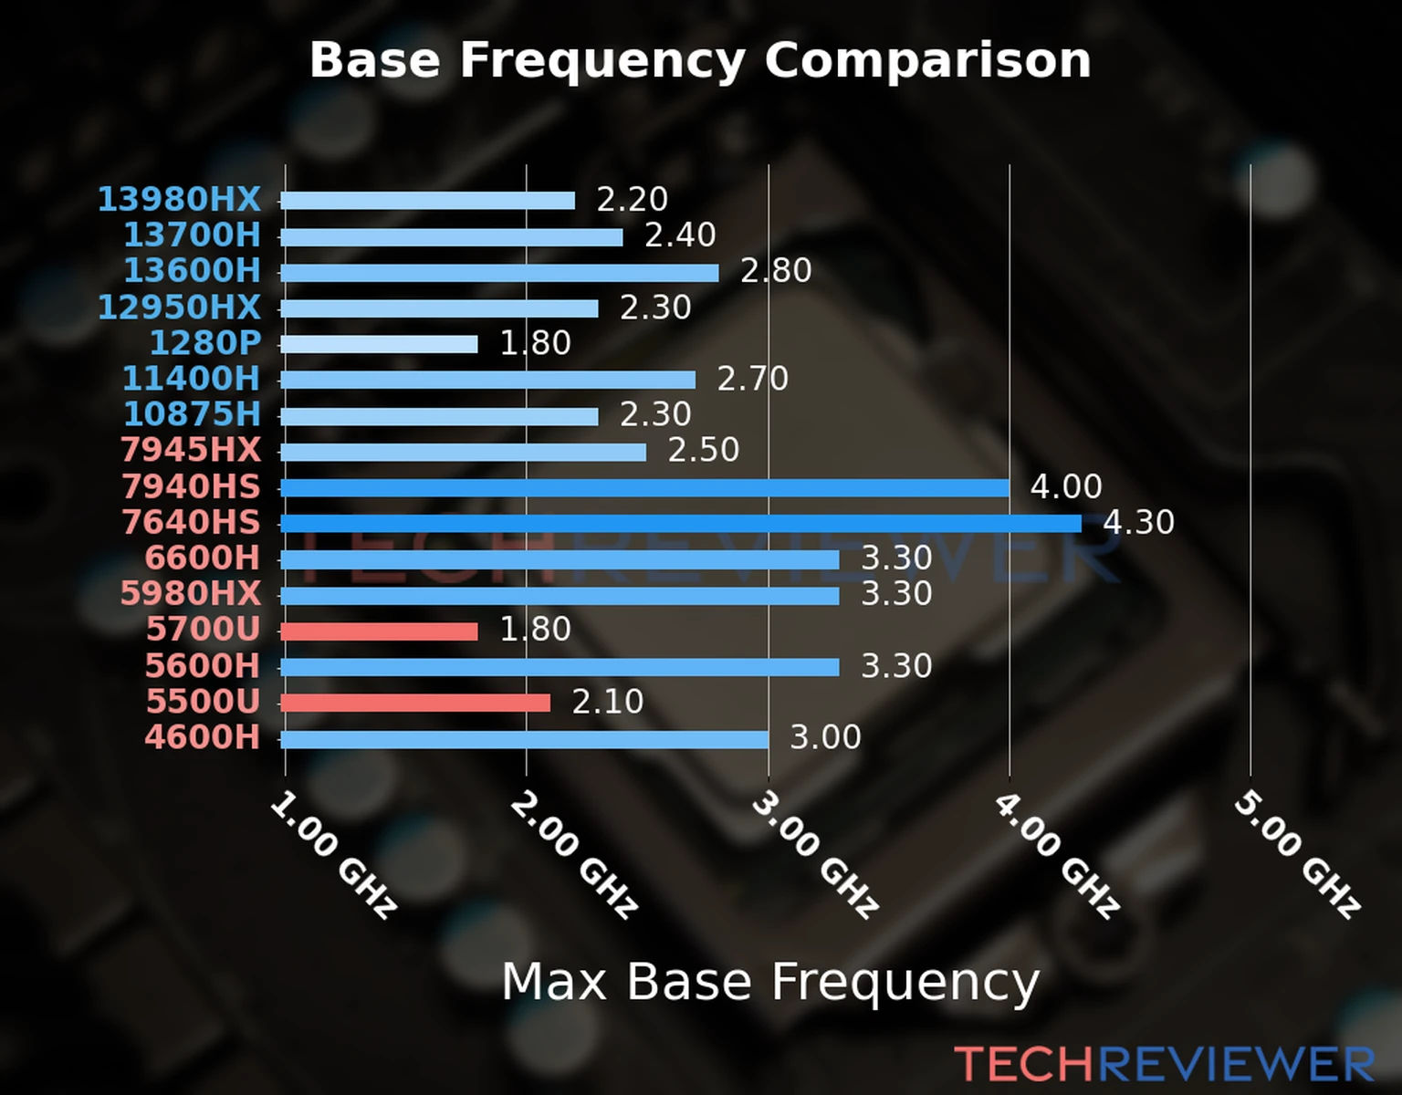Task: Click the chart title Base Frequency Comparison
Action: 700,60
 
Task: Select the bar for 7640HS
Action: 680,523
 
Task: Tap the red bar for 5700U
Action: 379,631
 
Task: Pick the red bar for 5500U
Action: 415,703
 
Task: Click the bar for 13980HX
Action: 427,201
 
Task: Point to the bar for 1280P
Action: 379,344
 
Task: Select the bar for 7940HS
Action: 644,487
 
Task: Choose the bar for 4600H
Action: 524,738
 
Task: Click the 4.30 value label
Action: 1138,522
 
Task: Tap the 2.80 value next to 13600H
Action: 776,271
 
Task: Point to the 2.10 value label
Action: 608,702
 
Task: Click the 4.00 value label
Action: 1066,486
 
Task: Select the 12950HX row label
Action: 179,308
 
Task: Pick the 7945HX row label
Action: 191,450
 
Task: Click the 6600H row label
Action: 203,558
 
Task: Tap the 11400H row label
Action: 191,379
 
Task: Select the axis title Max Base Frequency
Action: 770,983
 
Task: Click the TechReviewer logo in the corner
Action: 1164,1064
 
